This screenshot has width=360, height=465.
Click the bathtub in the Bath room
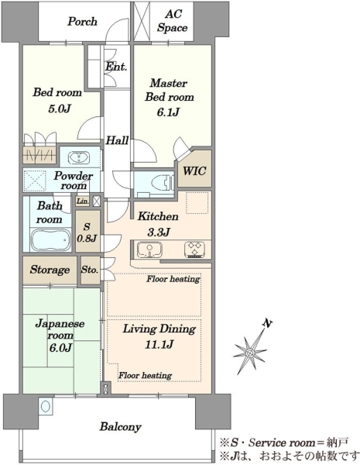(x=50, y=240)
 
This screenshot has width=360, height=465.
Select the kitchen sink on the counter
(x=149, y=249)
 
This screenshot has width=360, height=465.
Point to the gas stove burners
(x=194, y=249)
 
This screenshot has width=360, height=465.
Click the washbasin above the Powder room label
(x=79, y=157)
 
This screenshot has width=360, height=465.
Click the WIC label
(x=194, y=171)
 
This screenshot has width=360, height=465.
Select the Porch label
(x=82, y=22)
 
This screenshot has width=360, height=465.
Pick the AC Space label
(x=172, y=21)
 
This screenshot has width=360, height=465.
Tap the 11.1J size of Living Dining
(x=159, y=344)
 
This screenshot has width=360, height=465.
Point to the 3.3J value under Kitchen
(x=158, y=232)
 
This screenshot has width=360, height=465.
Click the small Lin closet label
(x=82, y=201)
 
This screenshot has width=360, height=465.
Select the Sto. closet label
(x=90, y=270)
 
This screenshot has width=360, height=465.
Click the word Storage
(x=50, y=270)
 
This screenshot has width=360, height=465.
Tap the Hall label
(x=118, y=140)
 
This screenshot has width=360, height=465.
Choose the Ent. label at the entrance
(x=116, y=67)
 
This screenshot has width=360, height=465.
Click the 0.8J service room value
(x=87, y=238)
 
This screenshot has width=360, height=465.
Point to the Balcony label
(x=120, y=427)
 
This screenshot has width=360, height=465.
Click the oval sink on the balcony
(x=45, y=406)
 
